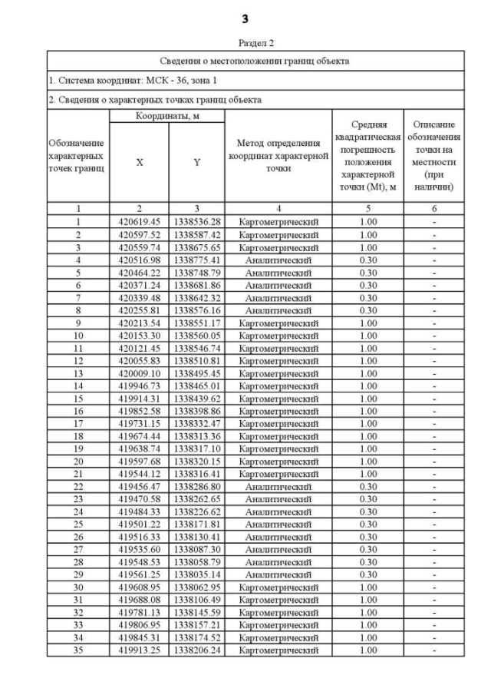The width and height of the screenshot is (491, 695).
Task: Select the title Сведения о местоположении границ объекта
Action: [x=245, y=61]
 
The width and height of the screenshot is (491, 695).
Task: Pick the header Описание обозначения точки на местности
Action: [x=434, y=155]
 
